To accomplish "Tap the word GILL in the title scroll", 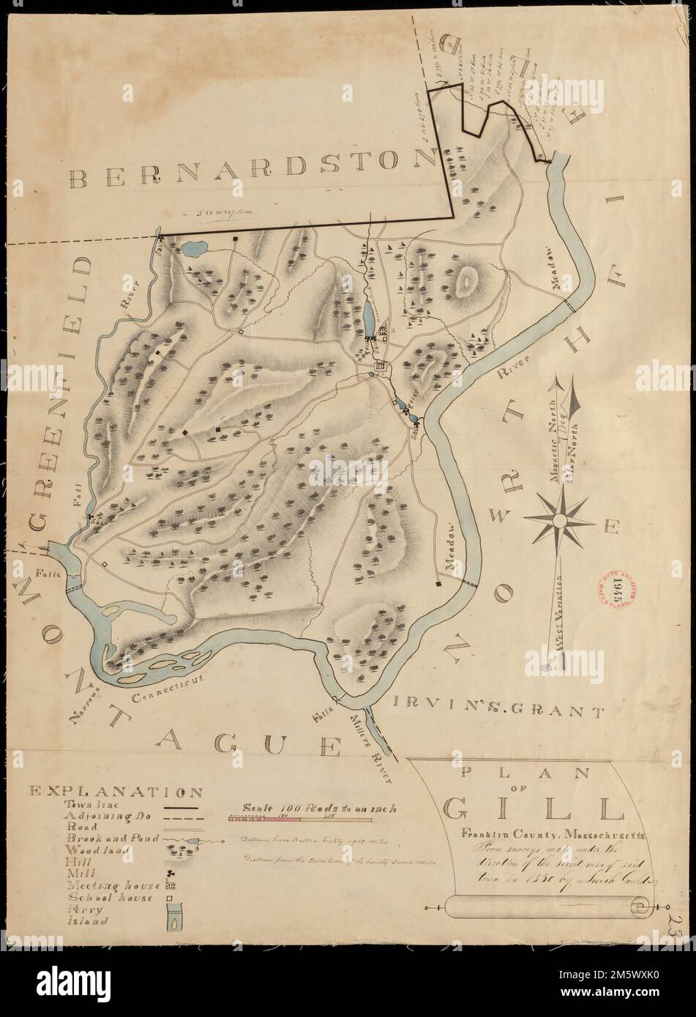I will tap(534, 808).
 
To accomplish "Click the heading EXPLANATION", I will tap(116, 791).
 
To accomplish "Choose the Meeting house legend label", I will tap(110, 885).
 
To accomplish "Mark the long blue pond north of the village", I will tap(367, 316).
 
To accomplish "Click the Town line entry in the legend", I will tap(87, 803).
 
